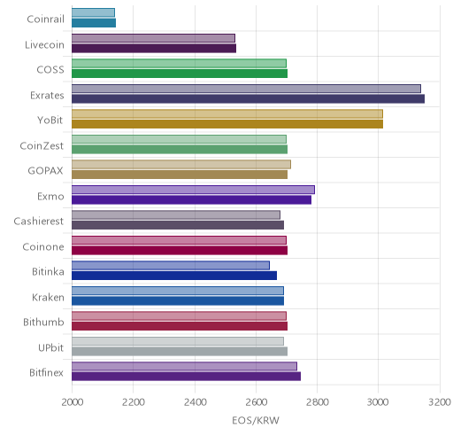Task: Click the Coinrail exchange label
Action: (45, 19)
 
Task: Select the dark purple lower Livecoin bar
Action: (154, 48)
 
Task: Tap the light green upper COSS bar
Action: (179, 63)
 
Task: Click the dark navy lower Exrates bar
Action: (248, 98)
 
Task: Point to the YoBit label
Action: (50, 121)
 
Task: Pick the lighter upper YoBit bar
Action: (227, 113)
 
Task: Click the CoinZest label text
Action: (42, 145)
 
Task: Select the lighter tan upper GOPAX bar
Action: (181, 164)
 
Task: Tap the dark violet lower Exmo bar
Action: (191, 199)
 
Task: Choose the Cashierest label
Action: (39, 221)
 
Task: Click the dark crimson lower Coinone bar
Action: (180, 250)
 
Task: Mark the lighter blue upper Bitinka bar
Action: (171, 265)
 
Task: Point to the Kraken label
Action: (48, 297)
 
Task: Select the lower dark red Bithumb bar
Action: (180, 326)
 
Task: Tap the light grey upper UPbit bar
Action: (178, 341)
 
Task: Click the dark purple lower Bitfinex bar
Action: (186, 377)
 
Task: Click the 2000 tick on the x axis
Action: (73, 402)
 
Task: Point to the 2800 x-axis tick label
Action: (318, 402)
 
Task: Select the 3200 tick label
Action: (440, 402)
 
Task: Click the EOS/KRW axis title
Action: (256, 420)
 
